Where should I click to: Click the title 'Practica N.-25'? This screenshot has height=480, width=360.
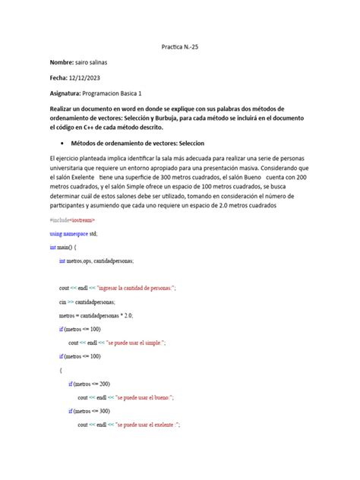pos(180,46)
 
